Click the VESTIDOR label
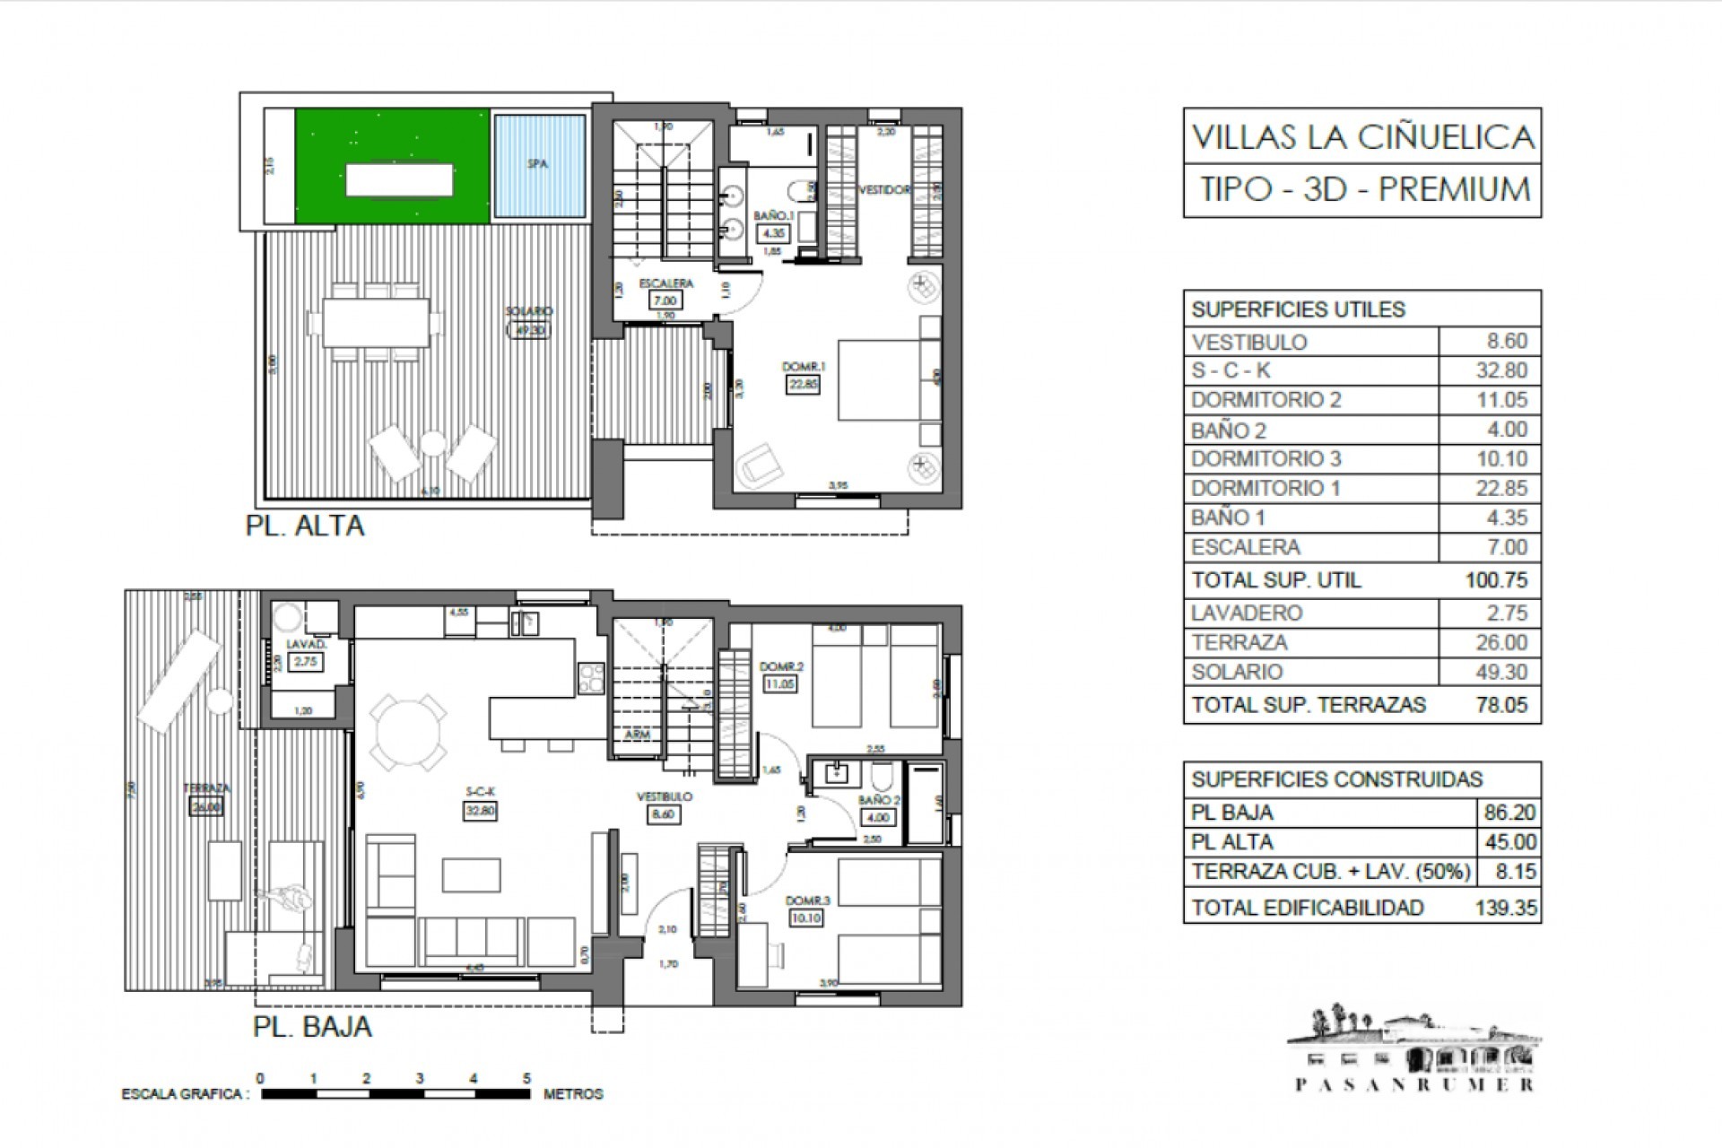tap(884, 190)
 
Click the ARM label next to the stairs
tap(637, 735)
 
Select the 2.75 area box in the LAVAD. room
tap(306, 662)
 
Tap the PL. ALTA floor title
tap(305, 525)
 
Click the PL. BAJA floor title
tap(311, 1026)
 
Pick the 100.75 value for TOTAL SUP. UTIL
tap(1496, 580)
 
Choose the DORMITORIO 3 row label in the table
tap(1265, 459)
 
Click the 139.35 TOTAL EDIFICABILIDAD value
tap(1506, 908)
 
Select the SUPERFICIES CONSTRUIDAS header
tap(1336, 779)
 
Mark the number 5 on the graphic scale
tap(526, 1079)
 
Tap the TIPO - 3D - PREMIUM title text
tap(1364, 190)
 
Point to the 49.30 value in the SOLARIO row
tap(1501, 672)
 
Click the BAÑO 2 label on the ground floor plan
tap(878, 800)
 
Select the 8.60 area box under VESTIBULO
tap(665, 814)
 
